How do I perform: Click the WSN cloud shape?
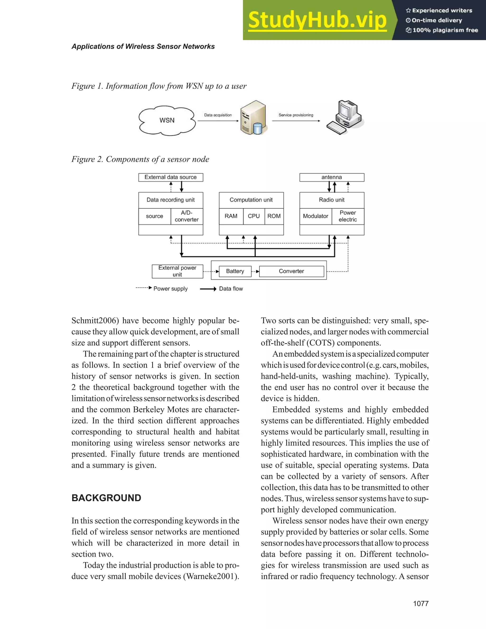(167, 120)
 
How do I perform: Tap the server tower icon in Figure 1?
(253, 117)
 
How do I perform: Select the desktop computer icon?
(345, 117)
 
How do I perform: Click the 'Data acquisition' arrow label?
(218, 115)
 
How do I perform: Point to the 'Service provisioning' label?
(296, 115)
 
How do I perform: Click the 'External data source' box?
(170, 177)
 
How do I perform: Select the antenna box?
(332, 177)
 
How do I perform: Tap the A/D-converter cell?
(187, 216)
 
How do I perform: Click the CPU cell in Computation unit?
(254, 216)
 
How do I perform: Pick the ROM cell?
(274, 216)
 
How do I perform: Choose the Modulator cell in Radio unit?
(316, 216)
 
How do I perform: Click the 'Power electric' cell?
(348, 216)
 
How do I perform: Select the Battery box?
(235, 271)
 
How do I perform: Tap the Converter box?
(291, 271)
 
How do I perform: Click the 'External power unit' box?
(177, 271)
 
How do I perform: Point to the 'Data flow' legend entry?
(231, 289)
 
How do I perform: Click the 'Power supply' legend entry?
(170, 289)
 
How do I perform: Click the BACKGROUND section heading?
(106, 498)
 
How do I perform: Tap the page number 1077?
(421, 604)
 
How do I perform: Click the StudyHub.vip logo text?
(317, 20)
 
